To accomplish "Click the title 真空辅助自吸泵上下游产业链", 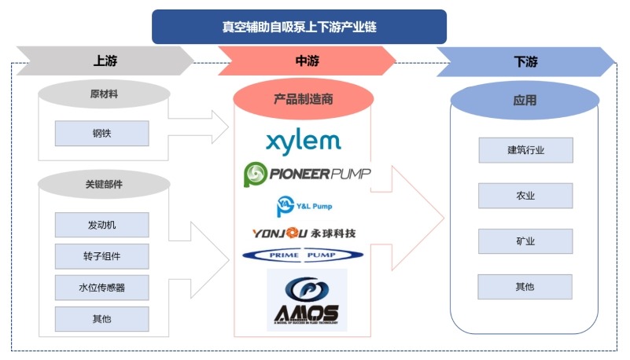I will click(x=299, y=26).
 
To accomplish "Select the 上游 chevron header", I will click(x=105, y=61).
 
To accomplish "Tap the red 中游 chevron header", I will click(x=304, y=61).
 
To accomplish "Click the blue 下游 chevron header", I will click(x=524, y=61).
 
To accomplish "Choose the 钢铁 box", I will click(x=101, y=134).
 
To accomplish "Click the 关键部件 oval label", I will click(x=103, y=185).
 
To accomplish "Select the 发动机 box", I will click(x=101, y=226).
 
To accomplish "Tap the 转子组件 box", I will click(x=101, y=256).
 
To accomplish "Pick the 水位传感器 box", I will click(x=101, y=288).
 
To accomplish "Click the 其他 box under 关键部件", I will click(x=101, y=319).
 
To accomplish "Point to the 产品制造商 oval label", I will click(x=303, y=99).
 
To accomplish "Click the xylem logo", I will click(x=303, y=141).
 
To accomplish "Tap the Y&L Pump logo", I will click(x=304, y=207).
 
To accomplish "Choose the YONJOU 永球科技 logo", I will click(x=304, y=233).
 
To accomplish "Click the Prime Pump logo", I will click(x=304, y=255).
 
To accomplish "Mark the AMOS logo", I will click(x=307, y=299).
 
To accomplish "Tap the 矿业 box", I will click(x=525, y=241).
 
